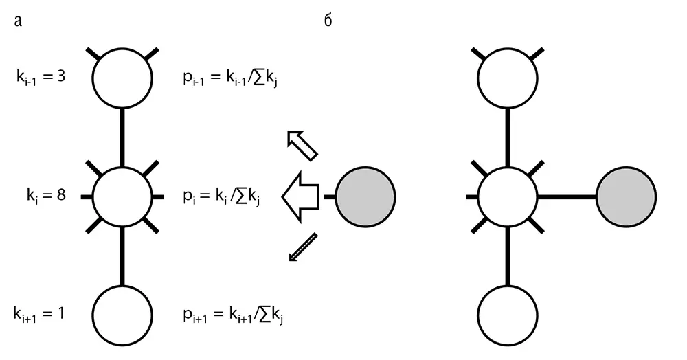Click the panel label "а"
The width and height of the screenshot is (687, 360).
19,22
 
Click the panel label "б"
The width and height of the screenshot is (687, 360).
328,21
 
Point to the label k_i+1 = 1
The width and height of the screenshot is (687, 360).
40,314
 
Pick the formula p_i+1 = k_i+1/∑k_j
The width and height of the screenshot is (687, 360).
236,315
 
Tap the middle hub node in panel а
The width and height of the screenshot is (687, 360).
122,196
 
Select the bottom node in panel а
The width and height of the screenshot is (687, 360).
122,314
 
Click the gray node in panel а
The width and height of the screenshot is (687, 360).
365,196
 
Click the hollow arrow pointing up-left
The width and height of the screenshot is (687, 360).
302,145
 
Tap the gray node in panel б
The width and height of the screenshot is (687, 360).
625,196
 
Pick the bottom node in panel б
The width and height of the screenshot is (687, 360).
508,314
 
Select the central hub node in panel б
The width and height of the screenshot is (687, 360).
508,196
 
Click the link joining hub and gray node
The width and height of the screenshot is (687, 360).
566,197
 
